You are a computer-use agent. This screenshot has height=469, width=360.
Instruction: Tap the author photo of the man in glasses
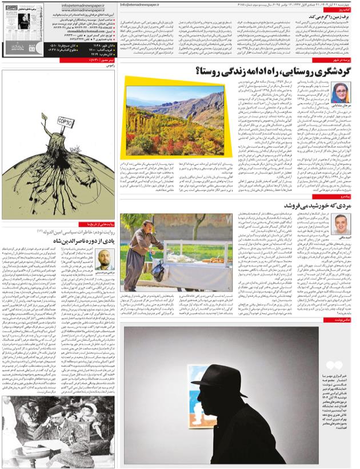tap(341, 224)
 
